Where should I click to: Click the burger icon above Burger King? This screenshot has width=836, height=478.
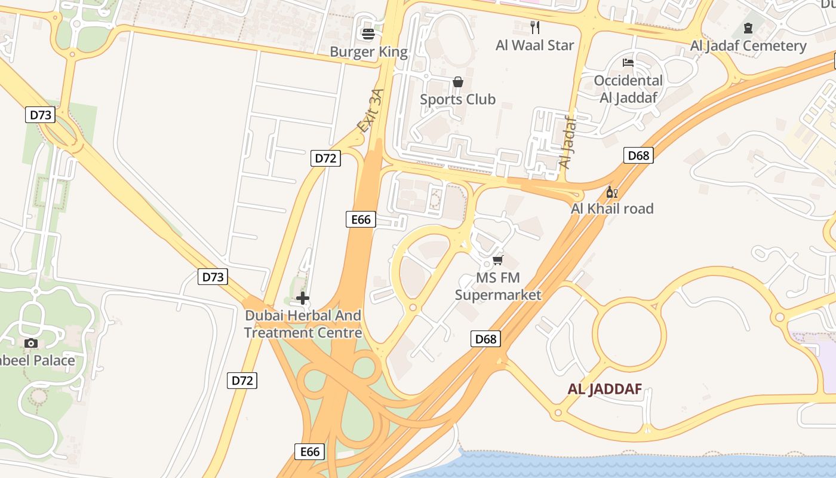[368, 34]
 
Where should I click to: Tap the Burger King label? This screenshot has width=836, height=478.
[368, 52]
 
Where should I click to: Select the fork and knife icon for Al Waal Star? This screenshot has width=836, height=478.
[535, 27]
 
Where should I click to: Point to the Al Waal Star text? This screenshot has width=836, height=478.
[535, 45]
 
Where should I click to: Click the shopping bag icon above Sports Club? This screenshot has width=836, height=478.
[458, 82]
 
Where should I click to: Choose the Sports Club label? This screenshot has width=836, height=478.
[458, 99]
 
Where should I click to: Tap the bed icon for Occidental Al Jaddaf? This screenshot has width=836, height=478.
[628, 62]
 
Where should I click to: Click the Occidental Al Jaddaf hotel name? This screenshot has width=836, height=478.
[628, 89]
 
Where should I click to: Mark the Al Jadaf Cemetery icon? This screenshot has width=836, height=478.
[748, 27]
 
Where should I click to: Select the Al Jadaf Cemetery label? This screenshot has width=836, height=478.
[748, 46]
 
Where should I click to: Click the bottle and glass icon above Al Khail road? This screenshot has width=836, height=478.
[612, 192]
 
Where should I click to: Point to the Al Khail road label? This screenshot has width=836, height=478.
[612, 209]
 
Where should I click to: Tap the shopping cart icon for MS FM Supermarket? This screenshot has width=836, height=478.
[498, 260]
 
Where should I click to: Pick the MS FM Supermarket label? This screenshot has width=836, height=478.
[498, 286]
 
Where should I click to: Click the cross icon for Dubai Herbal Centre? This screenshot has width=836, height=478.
[303, 298]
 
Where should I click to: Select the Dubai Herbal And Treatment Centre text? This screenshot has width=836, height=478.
[303, 324]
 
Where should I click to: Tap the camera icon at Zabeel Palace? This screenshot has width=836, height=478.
[31, 343]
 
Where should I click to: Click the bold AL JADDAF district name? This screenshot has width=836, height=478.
[605, 390]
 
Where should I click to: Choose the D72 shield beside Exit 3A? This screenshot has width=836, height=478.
[325, 158]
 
